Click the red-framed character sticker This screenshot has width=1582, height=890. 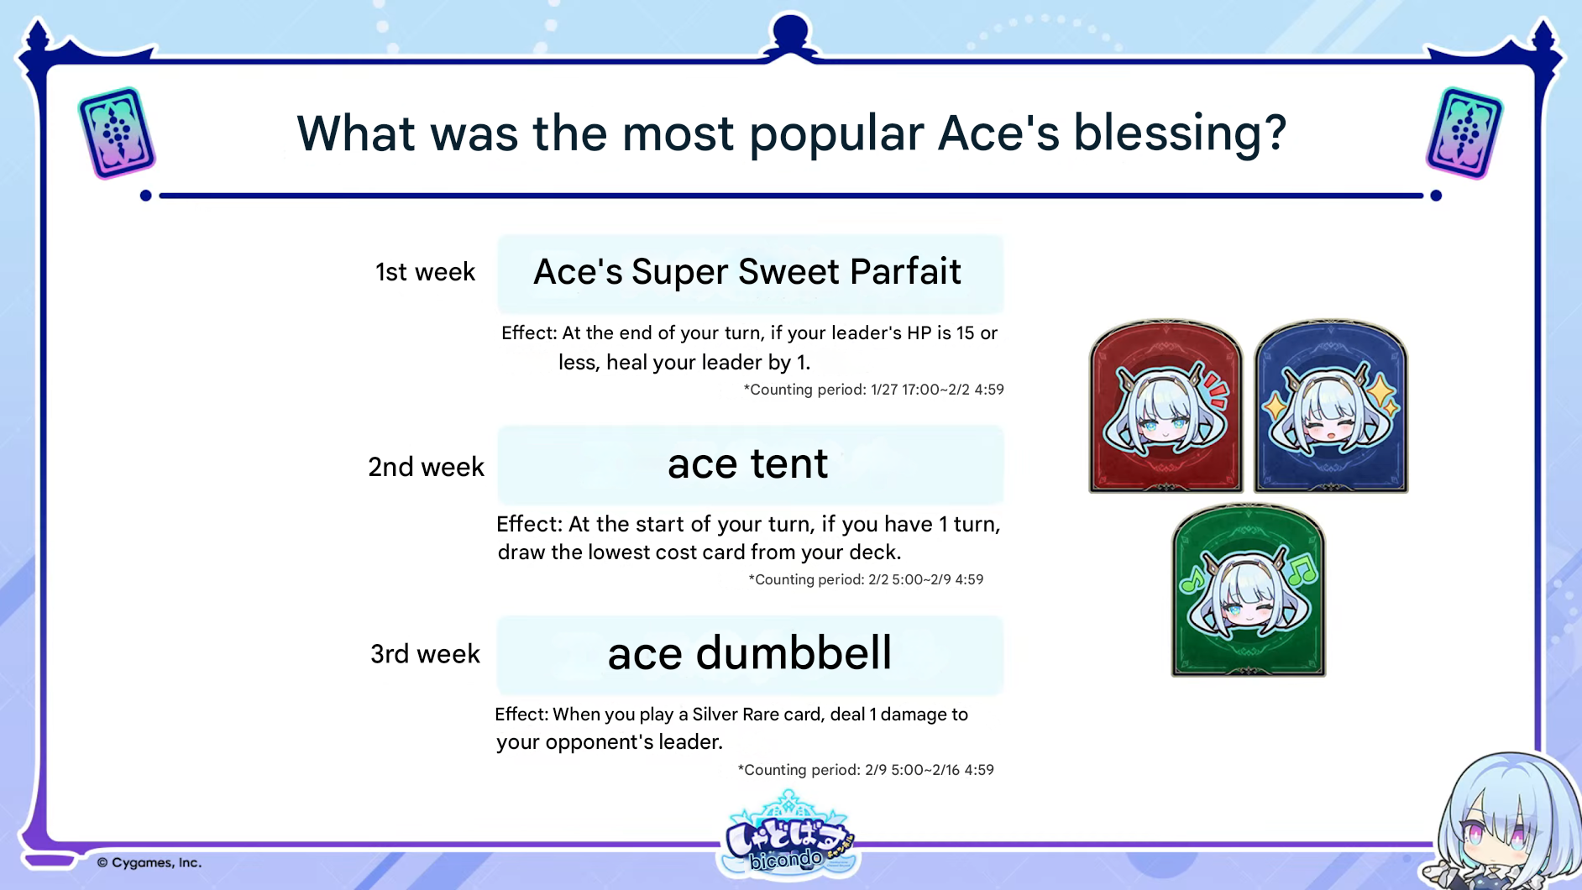(x=1166, y=406)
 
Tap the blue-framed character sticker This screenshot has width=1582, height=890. (x=1331, y=406)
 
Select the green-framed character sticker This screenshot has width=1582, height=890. (x=1248, y=589)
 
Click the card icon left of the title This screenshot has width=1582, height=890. (x=117, y=133)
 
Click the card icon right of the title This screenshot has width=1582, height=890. (x=1464, y=133)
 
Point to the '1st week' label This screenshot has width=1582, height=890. (x=425, y=272)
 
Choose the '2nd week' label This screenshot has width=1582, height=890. (x=426, y=467)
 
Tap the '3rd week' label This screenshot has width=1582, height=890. (x=425, y=654)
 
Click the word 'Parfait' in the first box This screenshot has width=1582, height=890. (x=905, y=272)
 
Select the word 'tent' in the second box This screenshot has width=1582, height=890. (x=789, y=464)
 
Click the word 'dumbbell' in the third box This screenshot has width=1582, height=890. (x=794, y=653)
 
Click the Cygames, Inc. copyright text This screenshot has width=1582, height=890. (x=149, y=862)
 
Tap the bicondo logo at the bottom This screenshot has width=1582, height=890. (x=788, y=836)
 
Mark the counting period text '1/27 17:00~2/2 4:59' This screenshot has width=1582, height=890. (x=937, y=390)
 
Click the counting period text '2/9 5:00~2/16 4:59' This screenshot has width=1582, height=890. (x=930, y=770)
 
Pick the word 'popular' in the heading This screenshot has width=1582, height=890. (x=836, y=134)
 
